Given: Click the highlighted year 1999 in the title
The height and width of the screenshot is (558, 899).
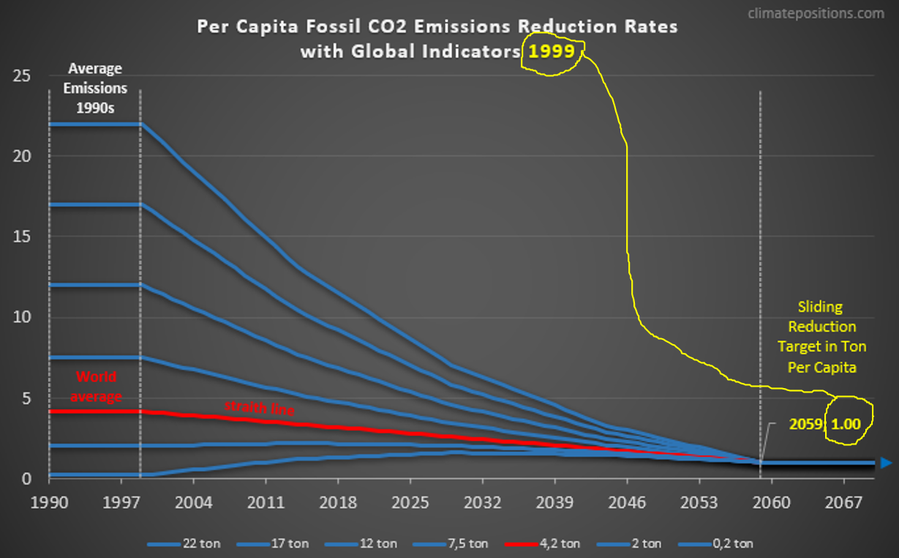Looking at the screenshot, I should point(552,53).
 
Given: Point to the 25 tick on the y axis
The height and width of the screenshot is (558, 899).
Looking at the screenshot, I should point(22,75).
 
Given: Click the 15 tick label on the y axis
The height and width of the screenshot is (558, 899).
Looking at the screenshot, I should point(22,237).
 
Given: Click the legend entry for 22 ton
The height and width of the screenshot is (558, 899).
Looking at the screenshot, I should point(184,544).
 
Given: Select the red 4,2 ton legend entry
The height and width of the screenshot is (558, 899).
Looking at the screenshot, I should point(541,544).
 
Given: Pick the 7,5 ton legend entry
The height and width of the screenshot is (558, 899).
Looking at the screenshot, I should point(450,544).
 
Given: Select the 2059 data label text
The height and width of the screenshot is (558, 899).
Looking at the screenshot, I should point(805,423).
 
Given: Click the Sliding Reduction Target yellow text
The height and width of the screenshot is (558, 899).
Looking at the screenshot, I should point(821,336).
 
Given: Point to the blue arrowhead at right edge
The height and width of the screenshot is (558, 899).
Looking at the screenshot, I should point(886,463).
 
